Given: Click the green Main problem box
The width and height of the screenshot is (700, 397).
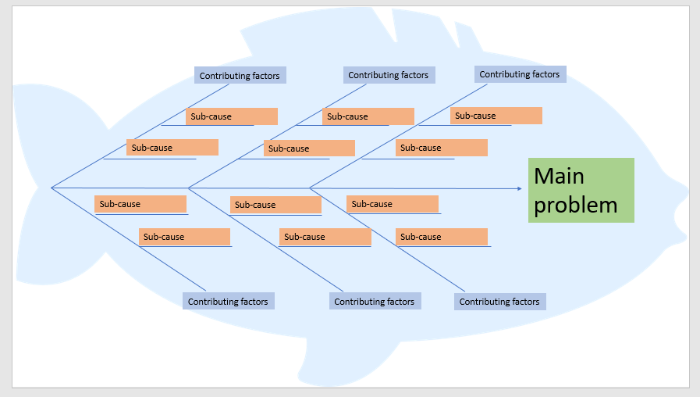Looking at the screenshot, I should click(581, 190).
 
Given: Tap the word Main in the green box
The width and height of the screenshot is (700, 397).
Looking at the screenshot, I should click(559, 176).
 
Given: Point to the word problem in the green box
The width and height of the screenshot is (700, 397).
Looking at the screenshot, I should click(575, 205).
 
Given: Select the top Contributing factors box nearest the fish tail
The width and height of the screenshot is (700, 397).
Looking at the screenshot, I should click(240, 75).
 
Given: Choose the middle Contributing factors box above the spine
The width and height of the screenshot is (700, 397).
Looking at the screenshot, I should click(389, 75).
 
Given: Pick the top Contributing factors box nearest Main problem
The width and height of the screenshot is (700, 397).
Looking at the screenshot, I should click(520, 74).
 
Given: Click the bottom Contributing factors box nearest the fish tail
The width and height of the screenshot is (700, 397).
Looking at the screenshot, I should click(229, 301).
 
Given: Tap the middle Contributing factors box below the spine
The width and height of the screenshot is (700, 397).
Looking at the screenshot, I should click(375, 301).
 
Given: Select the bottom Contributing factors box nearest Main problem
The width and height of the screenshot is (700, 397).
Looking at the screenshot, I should click(499, 301).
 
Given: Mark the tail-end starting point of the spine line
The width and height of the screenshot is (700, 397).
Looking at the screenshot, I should click(52, 188).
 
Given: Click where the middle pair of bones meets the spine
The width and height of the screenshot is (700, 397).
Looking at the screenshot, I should click(188, 188).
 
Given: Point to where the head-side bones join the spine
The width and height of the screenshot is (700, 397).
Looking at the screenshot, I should click(310, 188).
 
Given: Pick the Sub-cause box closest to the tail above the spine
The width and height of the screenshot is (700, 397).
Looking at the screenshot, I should click(172, 147).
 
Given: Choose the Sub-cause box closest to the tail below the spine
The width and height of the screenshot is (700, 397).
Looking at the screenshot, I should click(140, 204).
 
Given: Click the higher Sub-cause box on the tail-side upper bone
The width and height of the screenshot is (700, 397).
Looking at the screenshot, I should click(232, 116).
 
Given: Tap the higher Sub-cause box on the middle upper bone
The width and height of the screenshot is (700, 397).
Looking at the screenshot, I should click(368, 116).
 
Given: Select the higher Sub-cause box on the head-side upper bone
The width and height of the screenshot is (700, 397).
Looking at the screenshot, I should click(496, 116).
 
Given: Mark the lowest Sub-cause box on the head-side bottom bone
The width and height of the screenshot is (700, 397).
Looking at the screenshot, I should click(441, 236).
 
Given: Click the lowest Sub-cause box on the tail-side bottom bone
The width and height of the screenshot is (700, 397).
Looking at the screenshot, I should click(184, 236).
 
